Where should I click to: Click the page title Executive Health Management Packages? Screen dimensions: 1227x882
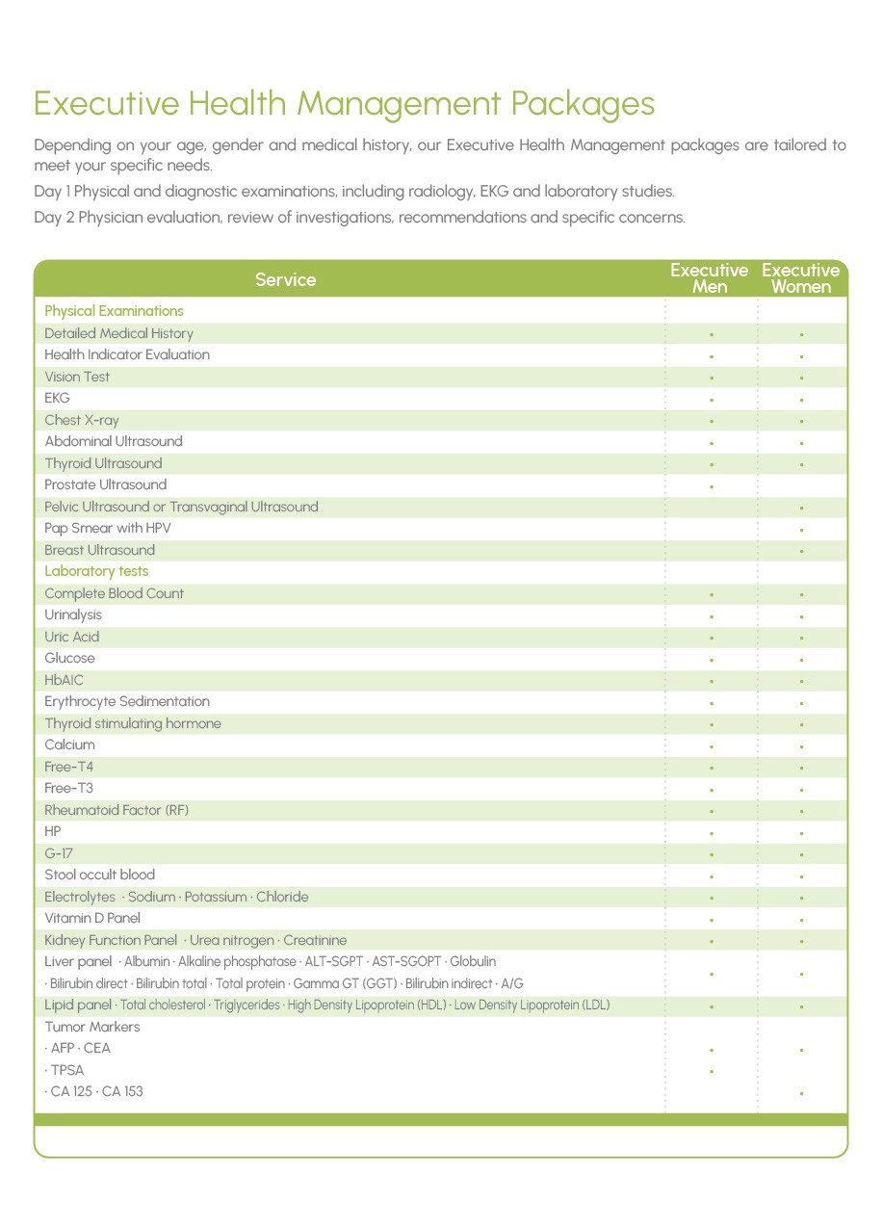344,103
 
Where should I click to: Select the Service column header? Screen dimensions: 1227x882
285,280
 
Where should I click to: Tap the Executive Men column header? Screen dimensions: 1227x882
710,278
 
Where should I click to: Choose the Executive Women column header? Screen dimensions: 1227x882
801,278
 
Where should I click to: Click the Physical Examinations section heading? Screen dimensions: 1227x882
114,311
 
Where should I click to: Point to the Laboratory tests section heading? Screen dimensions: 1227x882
96,571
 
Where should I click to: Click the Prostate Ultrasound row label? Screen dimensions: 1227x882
105,484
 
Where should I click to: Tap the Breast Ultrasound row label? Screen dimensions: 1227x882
99,550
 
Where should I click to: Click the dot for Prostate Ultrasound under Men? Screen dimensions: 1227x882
711,486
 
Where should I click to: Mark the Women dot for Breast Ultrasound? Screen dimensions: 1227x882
802,552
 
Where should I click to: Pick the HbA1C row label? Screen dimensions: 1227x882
65,680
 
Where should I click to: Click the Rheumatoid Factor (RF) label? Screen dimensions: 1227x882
117,810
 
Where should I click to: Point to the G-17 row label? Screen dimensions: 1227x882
59,853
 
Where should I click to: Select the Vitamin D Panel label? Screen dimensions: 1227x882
92,918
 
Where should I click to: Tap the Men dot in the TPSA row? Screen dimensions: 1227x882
711,1071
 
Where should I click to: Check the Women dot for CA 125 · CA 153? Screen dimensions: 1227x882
802,1093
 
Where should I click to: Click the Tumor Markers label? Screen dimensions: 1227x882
92,1027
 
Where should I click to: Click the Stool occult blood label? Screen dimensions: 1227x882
99,875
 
